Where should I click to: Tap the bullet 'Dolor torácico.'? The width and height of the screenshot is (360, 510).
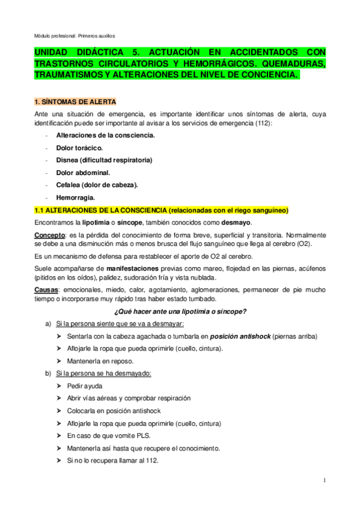point(79,147)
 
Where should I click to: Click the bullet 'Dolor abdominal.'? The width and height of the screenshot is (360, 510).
point(82,172)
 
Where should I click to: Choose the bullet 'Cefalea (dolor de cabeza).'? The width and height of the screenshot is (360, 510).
point(96,185)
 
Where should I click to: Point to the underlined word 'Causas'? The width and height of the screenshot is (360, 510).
point(46,289)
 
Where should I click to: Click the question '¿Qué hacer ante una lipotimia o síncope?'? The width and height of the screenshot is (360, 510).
point(180,311)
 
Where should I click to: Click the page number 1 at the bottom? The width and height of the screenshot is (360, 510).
point(324,480)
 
